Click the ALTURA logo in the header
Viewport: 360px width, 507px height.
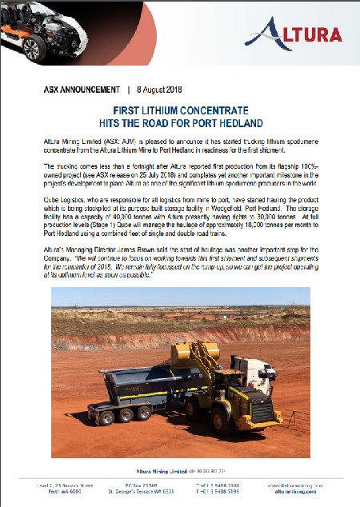coord(294,33)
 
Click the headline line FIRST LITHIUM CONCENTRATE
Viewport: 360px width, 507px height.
coord(179,113)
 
